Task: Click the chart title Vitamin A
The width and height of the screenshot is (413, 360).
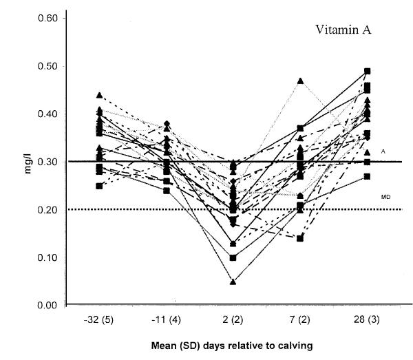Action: [343, 30]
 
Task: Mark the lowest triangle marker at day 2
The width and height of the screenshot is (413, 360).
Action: [233, 282]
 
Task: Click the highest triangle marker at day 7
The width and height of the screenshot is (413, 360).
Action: [300, 81]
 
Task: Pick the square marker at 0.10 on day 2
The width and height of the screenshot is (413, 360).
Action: [233, 257]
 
